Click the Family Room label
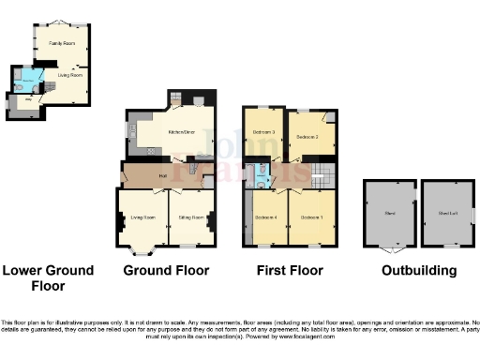click(x=62, y=44)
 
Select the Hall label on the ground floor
click(x=162, y=175)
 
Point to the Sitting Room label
click(x=192, y=217)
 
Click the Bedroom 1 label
click(x=311, y=217)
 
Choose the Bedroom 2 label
click(x=308, y=137)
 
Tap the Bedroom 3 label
click(x=265, y=132)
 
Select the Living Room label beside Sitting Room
click(x=142, y=217)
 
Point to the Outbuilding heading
click(x=419, y=270)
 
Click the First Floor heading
click(x=290, y=270)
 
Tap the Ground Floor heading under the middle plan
click(x=166, y=270)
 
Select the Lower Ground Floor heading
click(x=48, y=277)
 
